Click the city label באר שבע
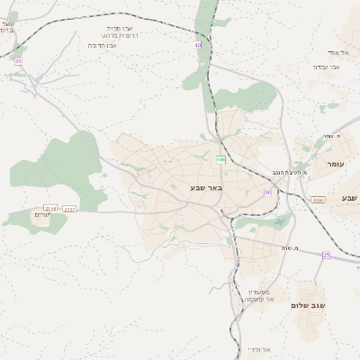click(206, 187)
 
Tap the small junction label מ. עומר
click(329, 136)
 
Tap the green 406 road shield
click(220, 159)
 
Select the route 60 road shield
click(267, 192)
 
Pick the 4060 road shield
click(318, 200)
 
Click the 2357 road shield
click(70, 208)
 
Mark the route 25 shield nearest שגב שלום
click(326, 255)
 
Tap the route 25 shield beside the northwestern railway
click(18, 60)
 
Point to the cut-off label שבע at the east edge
click(349, 197)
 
